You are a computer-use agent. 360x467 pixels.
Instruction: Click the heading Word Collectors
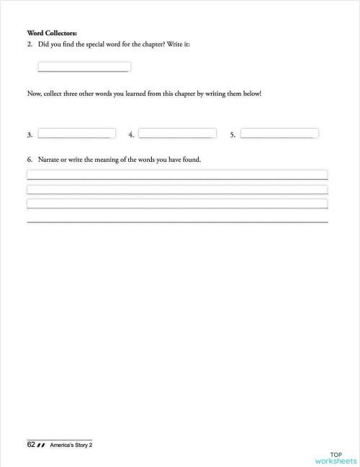click(46, 33)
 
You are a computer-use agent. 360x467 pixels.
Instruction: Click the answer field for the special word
click(84, 67)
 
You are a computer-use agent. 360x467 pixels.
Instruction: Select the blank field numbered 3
click(76, 134)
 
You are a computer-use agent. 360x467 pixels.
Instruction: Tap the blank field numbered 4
click(177, 134)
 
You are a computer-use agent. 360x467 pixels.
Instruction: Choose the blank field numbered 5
click(279, 134)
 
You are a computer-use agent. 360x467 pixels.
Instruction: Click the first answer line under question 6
click(177, 174)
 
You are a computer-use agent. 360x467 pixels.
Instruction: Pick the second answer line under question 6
click(177, 189)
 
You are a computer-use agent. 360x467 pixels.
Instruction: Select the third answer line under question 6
click(177, 204)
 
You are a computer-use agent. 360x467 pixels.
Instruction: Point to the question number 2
click(30, 45)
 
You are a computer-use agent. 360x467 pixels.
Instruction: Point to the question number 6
click(30, 159)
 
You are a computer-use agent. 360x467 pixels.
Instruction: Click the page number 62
click(31, 445)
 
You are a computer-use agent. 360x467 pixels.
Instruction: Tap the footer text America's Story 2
click(71, 445)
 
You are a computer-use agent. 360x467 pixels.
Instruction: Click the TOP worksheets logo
click(336, 458)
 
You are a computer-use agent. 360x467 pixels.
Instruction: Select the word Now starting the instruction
click(34, 94)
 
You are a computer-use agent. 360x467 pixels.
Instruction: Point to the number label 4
click(130, 135)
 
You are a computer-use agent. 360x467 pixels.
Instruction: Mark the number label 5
click(233, 135)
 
